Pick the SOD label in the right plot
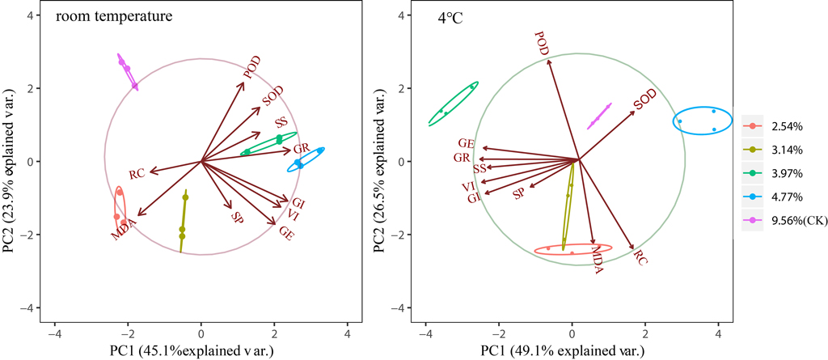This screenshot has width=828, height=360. click(x=644, y=101)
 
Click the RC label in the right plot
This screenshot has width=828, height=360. click(x=640, y=258)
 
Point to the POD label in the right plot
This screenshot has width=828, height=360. click(x=542, y=44)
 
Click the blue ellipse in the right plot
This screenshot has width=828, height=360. click(x=700, y=121)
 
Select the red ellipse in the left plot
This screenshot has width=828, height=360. click(x=120, y=212)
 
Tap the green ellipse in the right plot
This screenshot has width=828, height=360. click(x=453, y=103)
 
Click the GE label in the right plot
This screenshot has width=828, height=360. click(x=465, y=143)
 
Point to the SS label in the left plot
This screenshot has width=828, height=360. click(x=281, y=123)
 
